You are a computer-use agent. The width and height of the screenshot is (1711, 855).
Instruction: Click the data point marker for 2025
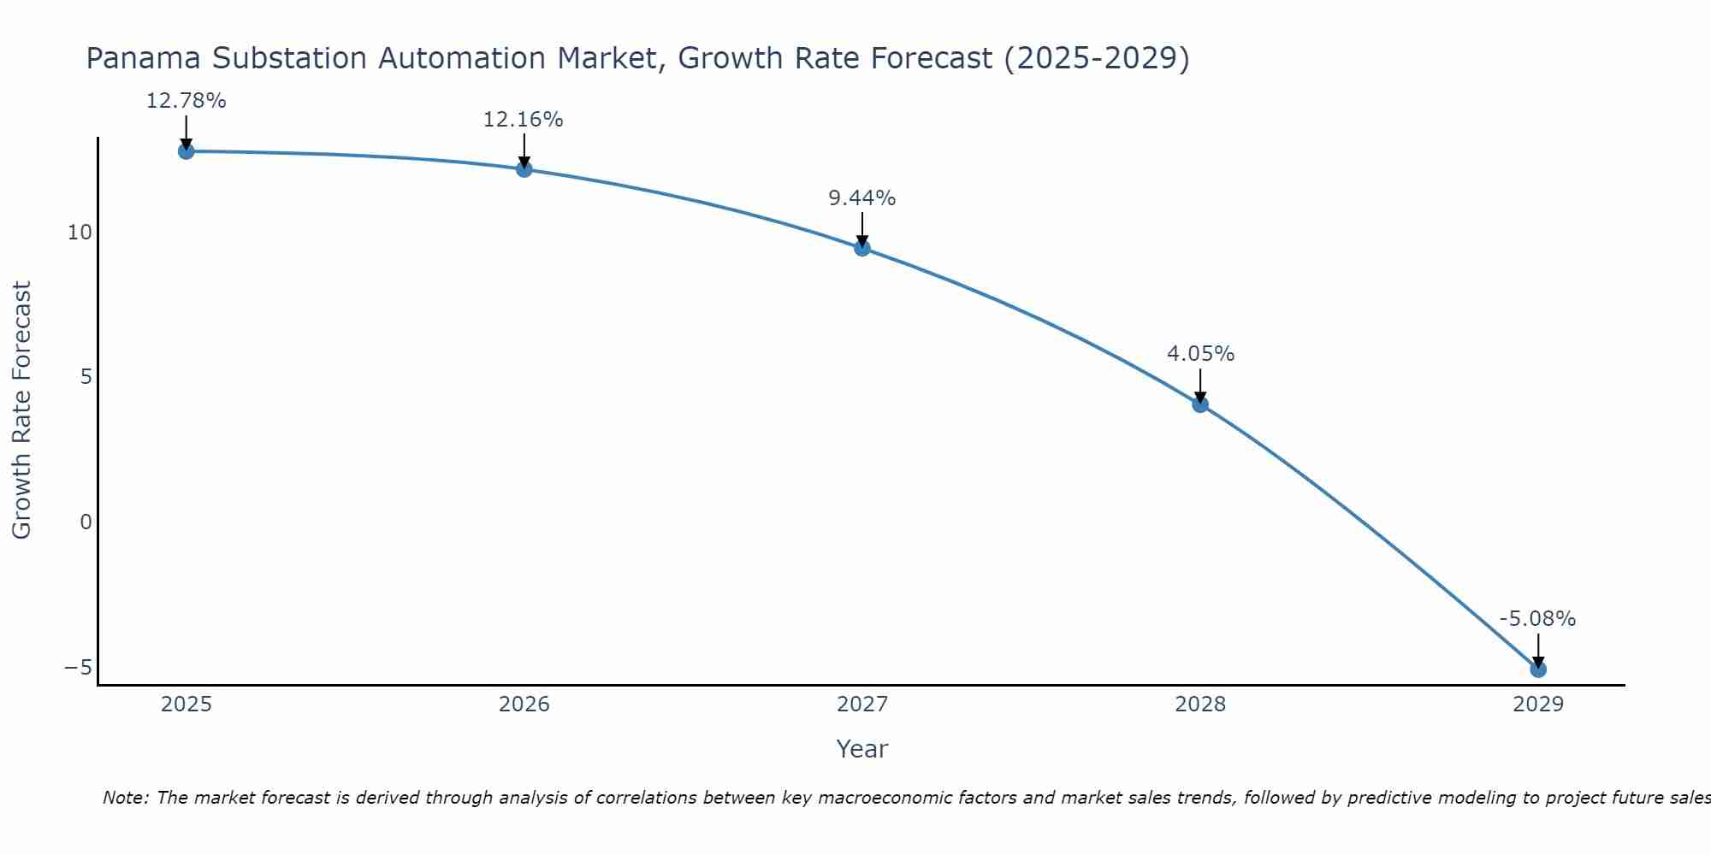[186, 151]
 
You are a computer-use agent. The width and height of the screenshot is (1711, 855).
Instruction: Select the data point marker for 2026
[524, 169]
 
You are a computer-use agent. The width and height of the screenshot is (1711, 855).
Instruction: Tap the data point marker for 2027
[862, 248]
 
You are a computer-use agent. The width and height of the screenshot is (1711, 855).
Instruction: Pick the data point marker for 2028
[1200, 404]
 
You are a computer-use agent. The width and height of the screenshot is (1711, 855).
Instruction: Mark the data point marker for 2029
[1538, 669]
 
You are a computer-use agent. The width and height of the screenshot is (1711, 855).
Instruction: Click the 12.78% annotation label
[186, 101]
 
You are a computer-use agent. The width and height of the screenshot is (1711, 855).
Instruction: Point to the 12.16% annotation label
[524, 120]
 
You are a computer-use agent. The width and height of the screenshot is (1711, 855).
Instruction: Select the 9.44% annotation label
[862, 198]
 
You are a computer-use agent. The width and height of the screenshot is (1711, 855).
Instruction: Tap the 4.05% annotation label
[1200, 354]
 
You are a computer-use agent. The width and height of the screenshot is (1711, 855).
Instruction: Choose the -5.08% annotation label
[1537, 619]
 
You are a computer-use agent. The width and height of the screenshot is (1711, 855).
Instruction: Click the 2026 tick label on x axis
[524, 705]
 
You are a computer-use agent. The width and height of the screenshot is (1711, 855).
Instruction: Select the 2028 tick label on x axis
[1200, 705]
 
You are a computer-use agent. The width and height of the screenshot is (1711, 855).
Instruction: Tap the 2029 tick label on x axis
[1538, 705]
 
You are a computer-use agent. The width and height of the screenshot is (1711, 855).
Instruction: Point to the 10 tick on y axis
[80, 233]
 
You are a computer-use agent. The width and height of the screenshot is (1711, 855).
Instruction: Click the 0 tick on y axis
[86, 522]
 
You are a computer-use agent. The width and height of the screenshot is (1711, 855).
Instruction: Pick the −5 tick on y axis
[78, 667]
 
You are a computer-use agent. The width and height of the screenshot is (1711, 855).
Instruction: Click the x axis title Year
[862, 749]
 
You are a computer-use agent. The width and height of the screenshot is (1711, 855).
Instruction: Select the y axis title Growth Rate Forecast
[22, 410]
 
